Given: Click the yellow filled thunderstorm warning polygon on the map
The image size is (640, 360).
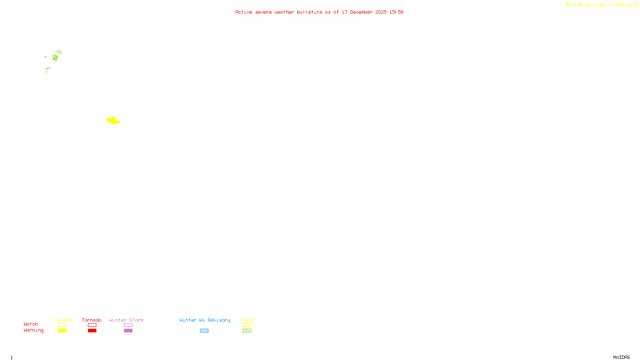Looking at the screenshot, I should [113, 120].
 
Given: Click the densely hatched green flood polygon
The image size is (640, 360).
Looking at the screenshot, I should [55, 58].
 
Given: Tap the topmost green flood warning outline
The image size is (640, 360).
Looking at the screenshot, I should [59, 52].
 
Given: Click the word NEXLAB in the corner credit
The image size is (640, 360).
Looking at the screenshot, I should [574, 5].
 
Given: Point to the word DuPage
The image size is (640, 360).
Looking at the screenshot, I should [624, 5].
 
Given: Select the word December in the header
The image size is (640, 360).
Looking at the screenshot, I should [361, 12].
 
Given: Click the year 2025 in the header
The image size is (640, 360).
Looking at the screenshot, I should [381, 12].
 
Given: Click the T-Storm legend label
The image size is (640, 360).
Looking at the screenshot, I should [62, 320].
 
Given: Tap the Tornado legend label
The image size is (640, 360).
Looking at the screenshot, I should [92, 320].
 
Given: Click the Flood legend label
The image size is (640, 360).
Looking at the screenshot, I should [247, 320].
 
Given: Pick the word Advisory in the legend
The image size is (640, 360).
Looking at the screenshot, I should [219, 320].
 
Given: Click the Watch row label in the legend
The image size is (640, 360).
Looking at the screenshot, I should [31, 324].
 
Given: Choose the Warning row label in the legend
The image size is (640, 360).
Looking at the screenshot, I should [34, 330].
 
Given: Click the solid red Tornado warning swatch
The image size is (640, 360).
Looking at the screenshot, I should [92, 331].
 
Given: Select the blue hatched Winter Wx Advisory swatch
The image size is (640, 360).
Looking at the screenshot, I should [204, 331].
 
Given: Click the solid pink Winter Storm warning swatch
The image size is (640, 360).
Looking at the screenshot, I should [128, 331].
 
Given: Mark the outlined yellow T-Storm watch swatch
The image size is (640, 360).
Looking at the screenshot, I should [62, 325].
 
